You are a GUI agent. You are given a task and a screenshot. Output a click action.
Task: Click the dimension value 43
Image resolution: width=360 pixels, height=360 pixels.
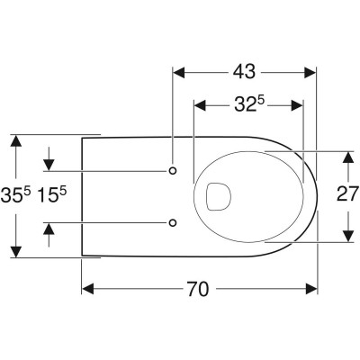(x=244, y=72)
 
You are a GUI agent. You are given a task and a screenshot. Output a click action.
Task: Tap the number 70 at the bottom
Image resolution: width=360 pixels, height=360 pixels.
(x=198, y=289)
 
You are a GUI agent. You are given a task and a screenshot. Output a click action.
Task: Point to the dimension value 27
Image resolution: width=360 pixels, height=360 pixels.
(x=347, y=193)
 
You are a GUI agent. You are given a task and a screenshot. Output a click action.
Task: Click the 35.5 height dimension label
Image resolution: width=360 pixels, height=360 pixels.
(x=15, y=195)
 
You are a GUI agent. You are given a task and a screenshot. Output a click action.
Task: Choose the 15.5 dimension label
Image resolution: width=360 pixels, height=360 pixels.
(x=51, y=195)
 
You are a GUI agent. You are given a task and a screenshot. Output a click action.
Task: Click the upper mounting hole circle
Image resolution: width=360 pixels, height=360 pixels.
(x=173, y=171)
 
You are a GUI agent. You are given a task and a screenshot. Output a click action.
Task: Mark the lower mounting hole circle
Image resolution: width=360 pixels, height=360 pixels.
(x=173, y=222)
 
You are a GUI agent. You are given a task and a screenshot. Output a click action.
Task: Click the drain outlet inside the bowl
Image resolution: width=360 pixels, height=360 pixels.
(x=219, y=196)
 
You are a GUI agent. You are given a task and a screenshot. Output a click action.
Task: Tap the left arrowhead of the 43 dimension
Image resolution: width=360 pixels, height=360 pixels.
(x=178, y=72)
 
